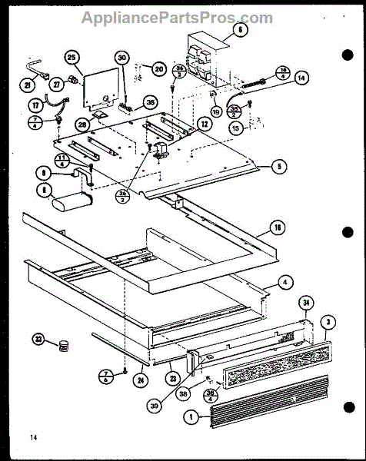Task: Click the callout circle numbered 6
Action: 238,30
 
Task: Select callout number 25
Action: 72,58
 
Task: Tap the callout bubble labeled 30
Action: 122,58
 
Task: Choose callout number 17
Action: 35,104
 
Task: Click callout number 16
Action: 275,228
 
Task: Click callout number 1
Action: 188,420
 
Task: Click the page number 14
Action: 34,437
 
